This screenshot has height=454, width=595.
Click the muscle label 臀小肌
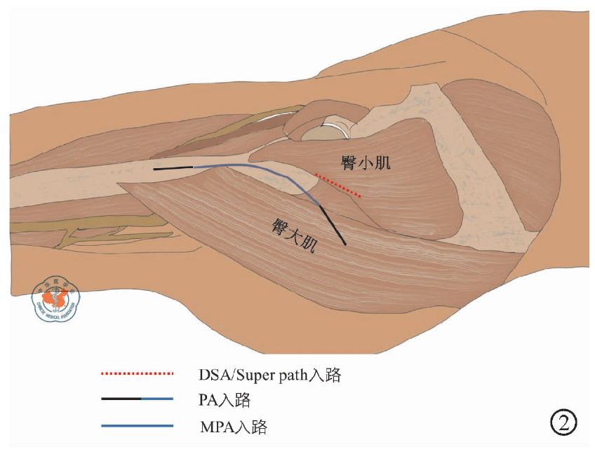pyautogui.click(x=365, y=164)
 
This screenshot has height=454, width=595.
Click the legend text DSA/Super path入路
pyautogui.click(x=269, y=375)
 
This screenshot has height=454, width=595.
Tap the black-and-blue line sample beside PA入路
pyautogui.click(x=137, y=399)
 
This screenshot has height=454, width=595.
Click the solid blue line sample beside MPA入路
pyautogui.click(x=137, y=425)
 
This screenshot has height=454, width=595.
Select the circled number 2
pyautogui.click(x=563, y=422)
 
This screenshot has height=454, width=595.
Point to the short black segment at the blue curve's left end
pyautogui.click(x=173, y=168)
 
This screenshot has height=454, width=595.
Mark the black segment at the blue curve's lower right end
pyautogui.click(x=333, y=225)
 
